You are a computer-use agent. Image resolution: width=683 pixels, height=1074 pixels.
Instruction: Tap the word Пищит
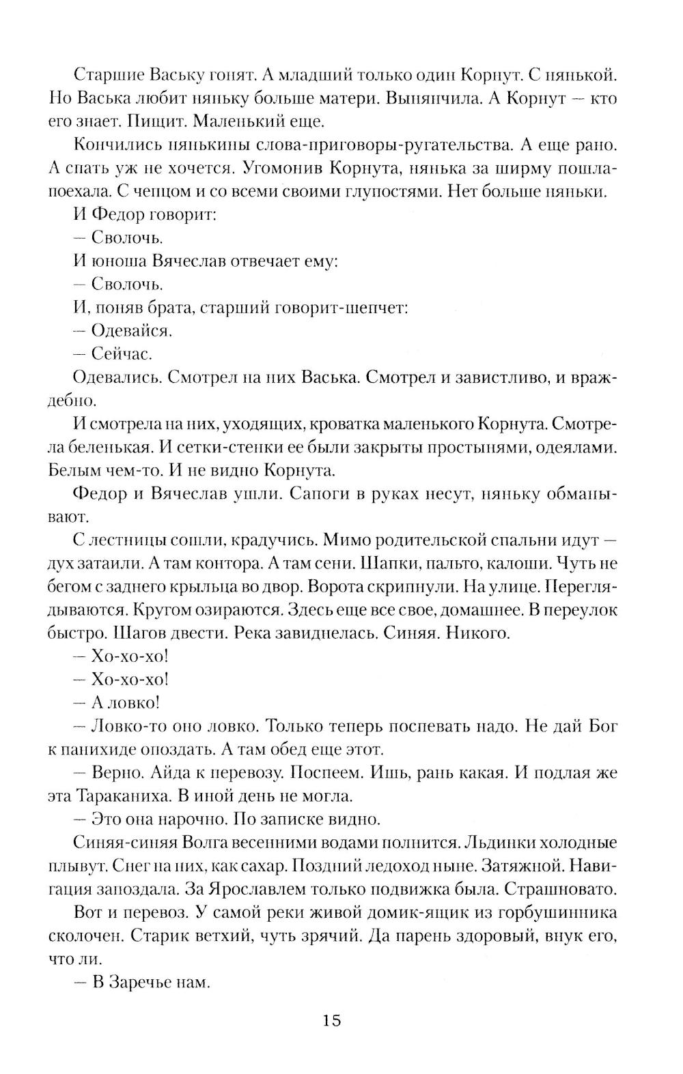point(160,122)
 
